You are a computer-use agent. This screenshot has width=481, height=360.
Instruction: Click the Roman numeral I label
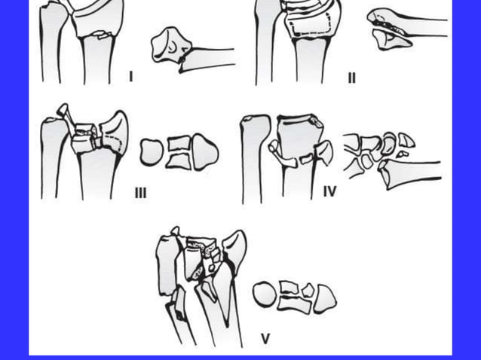(x=132, y=76)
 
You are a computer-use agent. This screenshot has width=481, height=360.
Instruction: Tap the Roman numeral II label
(x=351, y=78)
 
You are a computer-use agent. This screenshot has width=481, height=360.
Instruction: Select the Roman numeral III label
(x=141, y=194)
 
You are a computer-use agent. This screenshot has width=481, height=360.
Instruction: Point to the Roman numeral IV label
(x=329, y=192)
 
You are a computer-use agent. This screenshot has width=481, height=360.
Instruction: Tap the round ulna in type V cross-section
(x=264, y=294)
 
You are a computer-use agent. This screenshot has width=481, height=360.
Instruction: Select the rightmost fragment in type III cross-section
(x=205, y=152)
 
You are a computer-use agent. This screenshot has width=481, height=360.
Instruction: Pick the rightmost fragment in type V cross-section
(x=326, y=297)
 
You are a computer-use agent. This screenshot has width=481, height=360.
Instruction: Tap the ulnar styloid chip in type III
(x=63, y=112)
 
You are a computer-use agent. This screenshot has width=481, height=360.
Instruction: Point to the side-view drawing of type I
(x=170, y=47)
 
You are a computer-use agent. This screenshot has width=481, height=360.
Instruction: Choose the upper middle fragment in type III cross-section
(x=179, y=143)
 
